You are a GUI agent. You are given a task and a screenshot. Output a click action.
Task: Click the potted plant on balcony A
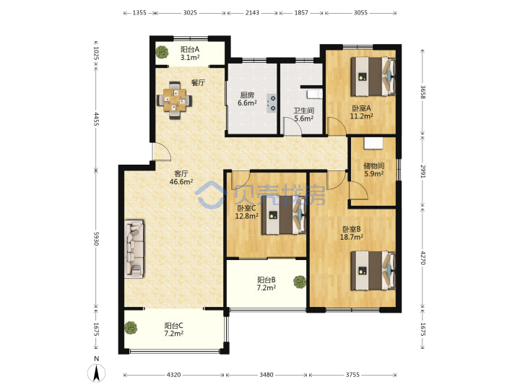click(162, 52)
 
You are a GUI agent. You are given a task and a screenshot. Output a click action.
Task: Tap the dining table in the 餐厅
click(175, 100)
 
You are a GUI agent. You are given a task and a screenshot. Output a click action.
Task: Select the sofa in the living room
click(134, 248)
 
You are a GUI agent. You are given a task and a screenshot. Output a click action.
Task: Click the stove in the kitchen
click(272, 103)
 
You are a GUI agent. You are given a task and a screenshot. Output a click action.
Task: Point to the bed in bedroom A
click(373, 77)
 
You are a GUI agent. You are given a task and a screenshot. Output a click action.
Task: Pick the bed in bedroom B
click(373, 270)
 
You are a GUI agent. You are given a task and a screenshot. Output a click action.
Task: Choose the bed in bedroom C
click(284, 215)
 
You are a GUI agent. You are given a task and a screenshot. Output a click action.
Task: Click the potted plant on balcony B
click(300, 282)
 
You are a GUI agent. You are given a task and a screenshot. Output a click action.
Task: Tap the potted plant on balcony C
click(131, 328)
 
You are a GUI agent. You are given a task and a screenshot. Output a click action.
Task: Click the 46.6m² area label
click(181, 182)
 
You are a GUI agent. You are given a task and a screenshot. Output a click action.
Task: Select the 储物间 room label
click(374, 165)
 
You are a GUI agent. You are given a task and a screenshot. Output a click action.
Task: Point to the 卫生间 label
click(304, 110)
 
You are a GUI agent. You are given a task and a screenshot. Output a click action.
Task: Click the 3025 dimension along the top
click(190, 12)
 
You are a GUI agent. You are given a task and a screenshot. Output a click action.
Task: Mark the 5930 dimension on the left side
click(96, 239)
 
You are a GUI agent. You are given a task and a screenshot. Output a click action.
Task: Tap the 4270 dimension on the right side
click(422, 258)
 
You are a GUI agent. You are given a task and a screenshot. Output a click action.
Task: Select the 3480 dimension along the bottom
click(266, 375)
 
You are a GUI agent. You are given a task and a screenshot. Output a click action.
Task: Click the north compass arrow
click(97, 373)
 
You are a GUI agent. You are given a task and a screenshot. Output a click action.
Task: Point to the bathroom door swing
click(292, 126)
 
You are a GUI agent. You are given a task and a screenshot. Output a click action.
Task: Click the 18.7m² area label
click(352, 237)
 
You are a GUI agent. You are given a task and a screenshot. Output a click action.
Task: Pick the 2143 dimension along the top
click(252, 12)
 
